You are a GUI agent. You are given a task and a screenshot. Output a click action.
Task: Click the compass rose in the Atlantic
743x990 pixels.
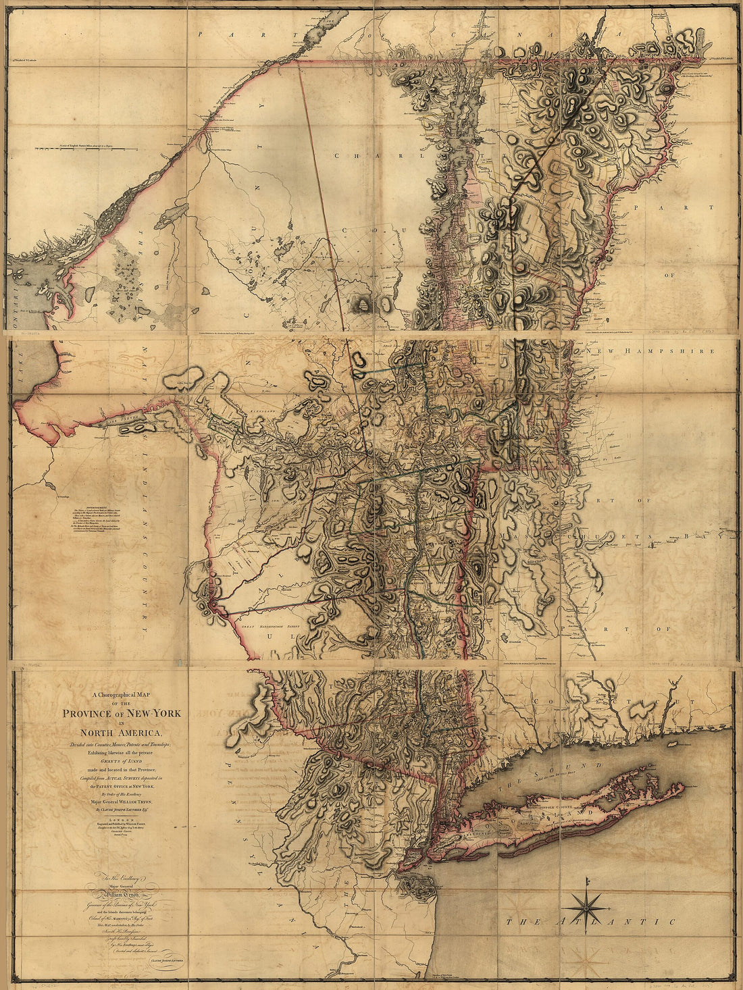[586, 903]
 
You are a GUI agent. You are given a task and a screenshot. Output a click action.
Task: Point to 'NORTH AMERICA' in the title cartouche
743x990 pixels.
[121, 733]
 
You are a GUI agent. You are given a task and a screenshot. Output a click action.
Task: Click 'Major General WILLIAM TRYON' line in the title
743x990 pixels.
[121, 802]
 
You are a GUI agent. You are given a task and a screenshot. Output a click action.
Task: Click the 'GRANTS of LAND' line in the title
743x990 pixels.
[121, 760]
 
